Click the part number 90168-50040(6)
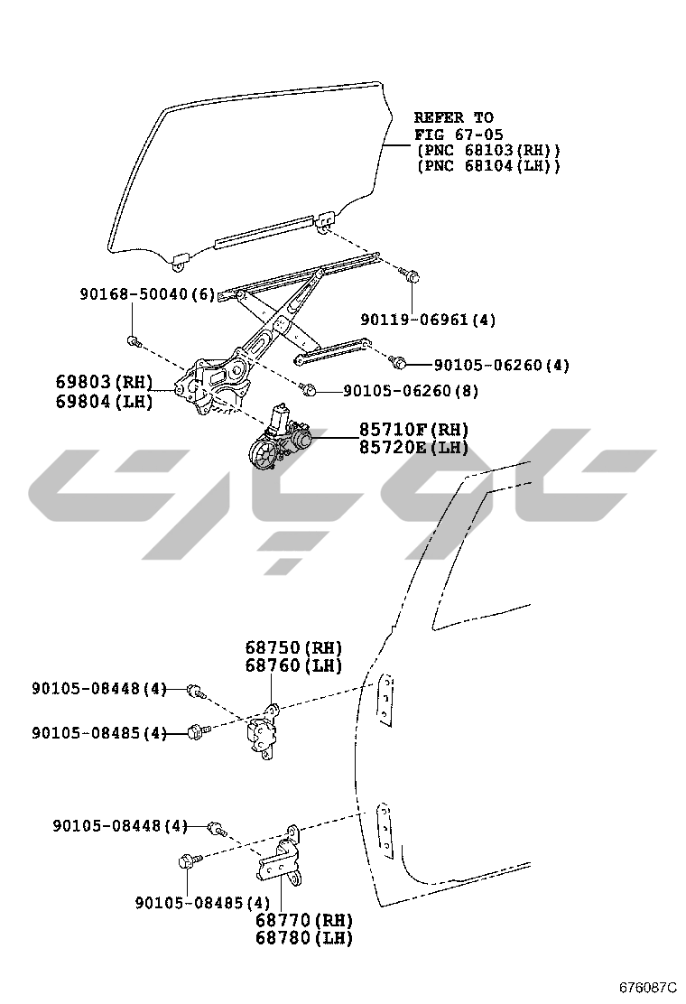tap(147, 294)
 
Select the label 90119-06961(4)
tap(428, 320)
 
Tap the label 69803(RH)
tap(104, 382)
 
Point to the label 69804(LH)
tap(104, 401)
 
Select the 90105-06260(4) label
tap(502, 365)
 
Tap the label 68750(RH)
tap(294, 647)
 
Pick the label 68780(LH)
tap(303, 938)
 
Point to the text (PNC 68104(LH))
tap(488, 166)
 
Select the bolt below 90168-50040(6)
tap(134, 341)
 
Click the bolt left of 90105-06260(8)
tap(307, 390)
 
